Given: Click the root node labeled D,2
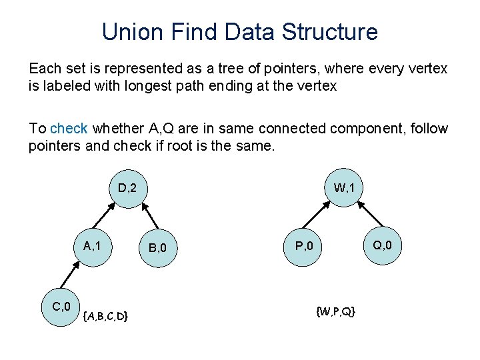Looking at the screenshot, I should tap(127, 188).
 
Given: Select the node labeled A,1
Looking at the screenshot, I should tap(92, 245).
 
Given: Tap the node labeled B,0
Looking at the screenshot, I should tap(157, 249).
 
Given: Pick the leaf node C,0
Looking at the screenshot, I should tap(61, 307).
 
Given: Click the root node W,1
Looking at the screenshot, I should tap(344, 188).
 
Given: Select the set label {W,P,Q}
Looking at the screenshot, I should tap(336, 311).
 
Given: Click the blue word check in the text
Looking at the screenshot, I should tap(69, 128).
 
